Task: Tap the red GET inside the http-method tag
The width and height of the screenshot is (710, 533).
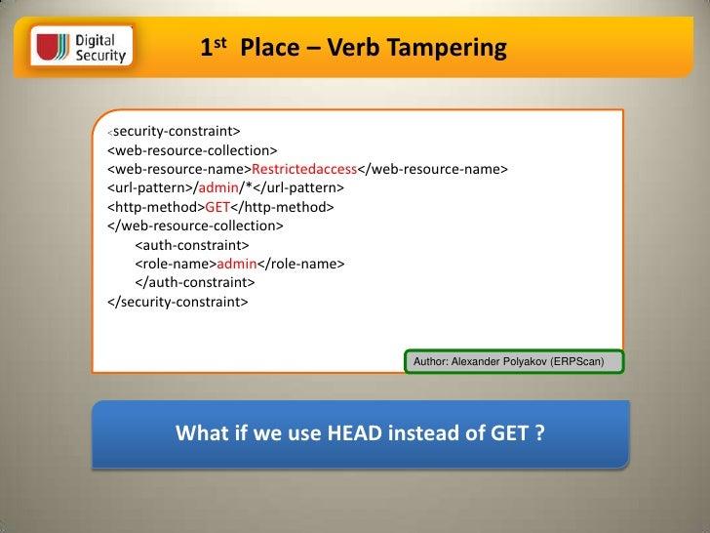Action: tap(217, 207)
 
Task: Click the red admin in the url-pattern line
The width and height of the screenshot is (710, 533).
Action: tap(217, 187)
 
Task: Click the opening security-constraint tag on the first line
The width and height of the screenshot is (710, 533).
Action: tap(174, 131)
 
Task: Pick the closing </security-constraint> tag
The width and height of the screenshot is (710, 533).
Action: tap(177, 302)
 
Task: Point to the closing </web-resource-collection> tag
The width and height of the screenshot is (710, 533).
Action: tap(195, 225)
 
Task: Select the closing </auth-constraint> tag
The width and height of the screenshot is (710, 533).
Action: tap(194, 282)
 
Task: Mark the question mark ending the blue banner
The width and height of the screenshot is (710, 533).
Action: tap(538, 432)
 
